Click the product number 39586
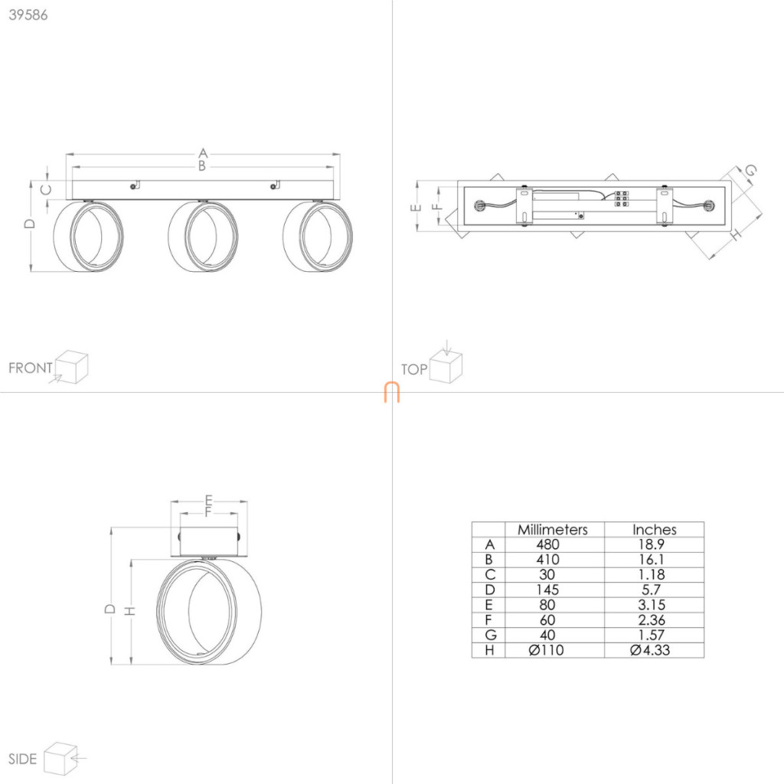tap(28, 15)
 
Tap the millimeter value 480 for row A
tap(547, 544)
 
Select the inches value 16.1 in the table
tap(652, 560)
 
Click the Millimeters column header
tap(553, 530)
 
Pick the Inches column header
tap(655, 530)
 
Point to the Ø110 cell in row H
tap(546, 650)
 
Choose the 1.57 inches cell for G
tap(652, 635)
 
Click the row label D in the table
tap(489, 590)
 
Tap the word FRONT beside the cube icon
tap(31, 368)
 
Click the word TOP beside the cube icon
tap(414, 370)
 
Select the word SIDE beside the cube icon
tap(22, 759)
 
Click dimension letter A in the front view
tap(203, 152)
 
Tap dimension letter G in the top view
tap(750, 171)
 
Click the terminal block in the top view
tap(622, 198)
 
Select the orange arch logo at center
tap(392, 392)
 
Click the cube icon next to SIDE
tap(60, 759)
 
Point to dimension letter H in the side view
tap(129, 611)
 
